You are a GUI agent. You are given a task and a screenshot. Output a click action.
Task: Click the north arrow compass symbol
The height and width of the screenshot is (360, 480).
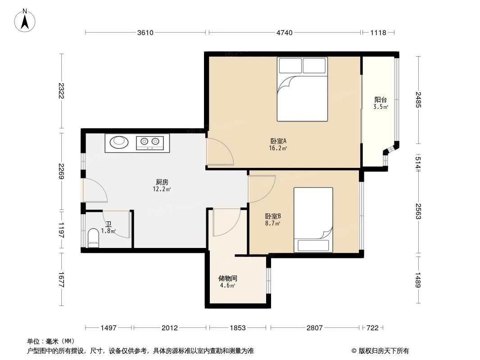pyautogui.click(x=25, y=20)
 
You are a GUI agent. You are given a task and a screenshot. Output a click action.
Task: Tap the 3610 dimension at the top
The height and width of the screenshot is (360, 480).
pyautogui.click(x=145, y=32)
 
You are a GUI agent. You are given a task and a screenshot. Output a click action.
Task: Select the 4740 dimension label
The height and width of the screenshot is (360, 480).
pyautogui.click(x=285, y=32)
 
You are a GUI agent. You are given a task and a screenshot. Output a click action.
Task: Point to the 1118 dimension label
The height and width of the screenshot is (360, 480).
pyautogui.click(x=378, y=32)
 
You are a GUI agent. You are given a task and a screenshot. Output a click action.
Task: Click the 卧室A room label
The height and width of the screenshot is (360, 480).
pyautogui.click(x=278, y=141)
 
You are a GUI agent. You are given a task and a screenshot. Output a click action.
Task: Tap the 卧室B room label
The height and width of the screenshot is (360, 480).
pyautogui.click(x=273, y=216)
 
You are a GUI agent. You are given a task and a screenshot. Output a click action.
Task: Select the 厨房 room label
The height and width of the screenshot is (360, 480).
pyautogui.click(x=162, y=182)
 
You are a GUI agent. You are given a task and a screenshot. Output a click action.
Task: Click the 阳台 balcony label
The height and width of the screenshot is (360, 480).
pyautogui.click(x=380, y=100)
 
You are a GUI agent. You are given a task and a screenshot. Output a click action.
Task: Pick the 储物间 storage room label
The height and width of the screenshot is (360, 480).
pyautogui.click(x=228, y=279)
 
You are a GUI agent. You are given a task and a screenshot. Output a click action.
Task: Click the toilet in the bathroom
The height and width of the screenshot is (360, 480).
pyautogui.click(x=93, y=237)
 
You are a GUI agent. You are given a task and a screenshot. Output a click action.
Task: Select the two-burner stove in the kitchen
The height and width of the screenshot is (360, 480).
pyautogui.click(x=149, y=143)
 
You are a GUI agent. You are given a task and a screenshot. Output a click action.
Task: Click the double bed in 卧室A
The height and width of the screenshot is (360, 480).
pyautogui.click(x=302, y=89)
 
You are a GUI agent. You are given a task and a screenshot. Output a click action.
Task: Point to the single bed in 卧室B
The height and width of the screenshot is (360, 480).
pyautogui.click(x=313, y=220)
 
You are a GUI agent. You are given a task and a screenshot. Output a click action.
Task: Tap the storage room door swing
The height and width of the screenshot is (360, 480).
pyautogui.click(x=226, y=222)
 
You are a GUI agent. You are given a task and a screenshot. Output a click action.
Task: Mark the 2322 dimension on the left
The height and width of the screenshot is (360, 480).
pyautogui.click(x=61, y=91)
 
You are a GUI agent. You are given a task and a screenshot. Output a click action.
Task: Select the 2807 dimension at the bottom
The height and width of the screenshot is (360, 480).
pyautogui.click(x=315, y=328)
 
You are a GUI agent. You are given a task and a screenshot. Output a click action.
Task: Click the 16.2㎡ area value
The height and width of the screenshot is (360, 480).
pyautogui.click(x=278, y=148)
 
